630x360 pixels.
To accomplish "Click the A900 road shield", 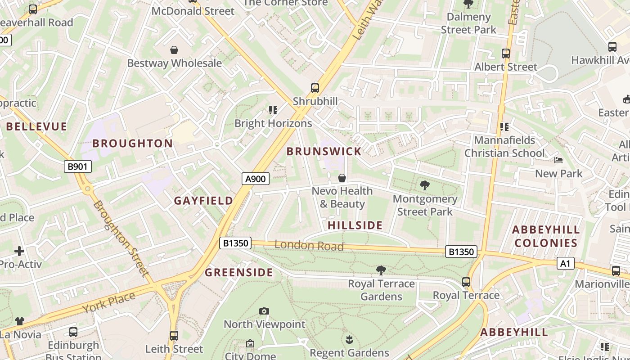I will (256, 179).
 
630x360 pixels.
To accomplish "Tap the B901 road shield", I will (77, 167).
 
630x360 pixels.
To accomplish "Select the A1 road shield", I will (566, 263).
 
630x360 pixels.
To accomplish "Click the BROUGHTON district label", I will (132, 144).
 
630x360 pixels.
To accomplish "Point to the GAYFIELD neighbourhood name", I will (203, 201).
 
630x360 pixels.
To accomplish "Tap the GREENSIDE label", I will (239, 273).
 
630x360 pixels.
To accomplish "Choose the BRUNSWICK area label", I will (324, 152).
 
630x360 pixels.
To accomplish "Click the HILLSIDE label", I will (355, 225).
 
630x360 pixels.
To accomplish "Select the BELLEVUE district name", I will (36, 127).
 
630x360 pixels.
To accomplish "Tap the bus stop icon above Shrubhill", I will (315, 88).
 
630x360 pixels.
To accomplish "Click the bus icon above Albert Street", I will (506, 54).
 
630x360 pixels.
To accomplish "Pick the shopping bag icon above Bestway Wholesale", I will (174, 49).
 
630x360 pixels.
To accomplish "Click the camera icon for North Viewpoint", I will (264, 311).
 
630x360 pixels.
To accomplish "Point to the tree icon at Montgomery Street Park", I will (424, 185).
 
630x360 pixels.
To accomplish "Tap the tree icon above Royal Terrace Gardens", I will (381, 270).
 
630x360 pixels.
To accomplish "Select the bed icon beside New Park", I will (558, 160).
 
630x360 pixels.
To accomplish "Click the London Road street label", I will (309, 246).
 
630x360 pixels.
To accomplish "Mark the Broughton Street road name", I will (121, 238).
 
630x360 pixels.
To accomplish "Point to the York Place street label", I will (108, 303).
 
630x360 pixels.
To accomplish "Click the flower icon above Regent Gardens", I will (349, 339).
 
